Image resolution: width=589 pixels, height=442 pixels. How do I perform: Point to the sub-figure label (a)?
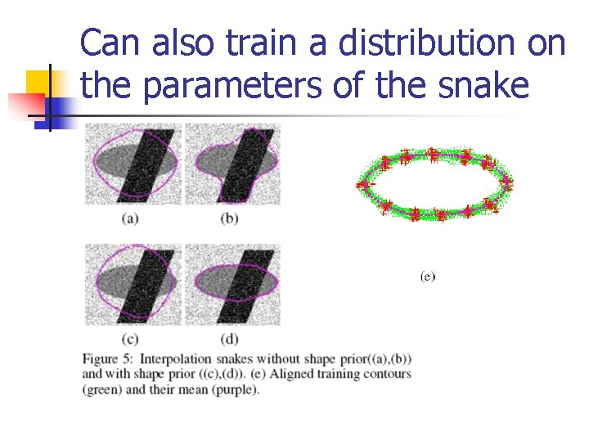129,218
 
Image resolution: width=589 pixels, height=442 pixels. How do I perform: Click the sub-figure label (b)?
230,218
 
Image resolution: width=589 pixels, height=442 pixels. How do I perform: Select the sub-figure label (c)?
129,338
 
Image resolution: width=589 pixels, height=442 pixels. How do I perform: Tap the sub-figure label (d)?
230,338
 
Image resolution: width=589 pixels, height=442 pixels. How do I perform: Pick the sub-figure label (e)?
427,277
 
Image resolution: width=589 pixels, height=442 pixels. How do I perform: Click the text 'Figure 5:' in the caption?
107,359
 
